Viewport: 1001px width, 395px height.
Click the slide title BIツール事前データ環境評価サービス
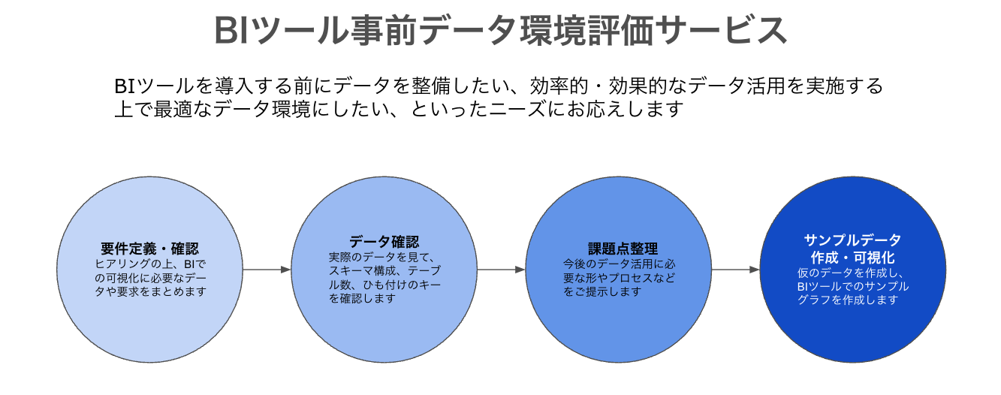tap(500, 32)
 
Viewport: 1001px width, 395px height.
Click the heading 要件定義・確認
tap(150, 249)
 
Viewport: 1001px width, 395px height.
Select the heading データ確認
tap(384, 242)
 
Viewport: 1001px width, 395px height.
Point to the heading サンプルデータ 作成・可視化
tap(852, 249)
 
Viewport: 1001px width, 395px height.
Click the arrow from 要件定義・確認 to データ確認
tap(267, 269)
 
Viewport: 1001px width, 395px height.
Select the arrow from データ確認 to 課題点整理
tap(501, 269)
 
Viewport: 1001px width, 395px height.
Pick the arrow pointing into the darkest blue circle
tap(736, 269)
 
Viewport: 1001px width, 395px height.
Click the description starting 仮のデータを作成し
tap(852, 286)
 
